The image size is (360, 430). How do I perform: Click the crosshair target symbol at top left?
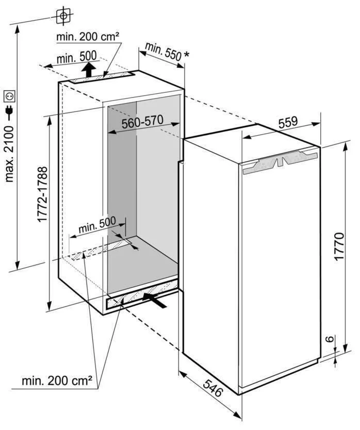[63, 16]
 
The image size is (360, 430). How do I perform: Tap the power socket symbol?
[9, 96]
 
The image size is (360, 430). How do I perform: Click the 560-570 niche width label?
[142, 122]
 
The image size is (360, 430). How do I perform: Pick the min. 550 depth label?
[163, 51]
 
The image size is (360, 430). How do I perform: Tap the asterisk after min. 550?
[186, 55]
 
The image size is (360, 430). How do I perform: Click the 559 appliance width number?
[288, 122]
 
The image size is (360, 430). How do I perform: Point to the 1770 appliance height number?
[339, 246]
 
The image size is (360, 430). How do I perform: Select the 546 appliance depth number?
[212, 388]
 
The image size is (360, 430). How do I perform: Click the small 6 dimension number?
[331, 339]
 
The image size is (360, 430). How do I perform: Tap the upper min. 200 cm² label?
[88, 36]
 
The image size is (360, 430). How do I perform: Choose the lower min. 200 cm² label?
[57, 381]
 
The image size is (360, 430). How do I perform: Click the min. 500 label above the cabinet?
[76, 57]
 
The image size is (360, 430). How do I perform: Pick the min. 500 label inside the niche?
[97, 225]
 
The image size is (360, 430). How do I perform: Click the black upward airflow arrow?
[88, 70]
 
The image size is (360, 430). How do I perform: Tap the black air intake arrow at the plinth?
[155, 300]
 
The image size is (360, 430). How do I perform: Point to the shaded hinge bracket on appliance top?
[280, 162]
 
